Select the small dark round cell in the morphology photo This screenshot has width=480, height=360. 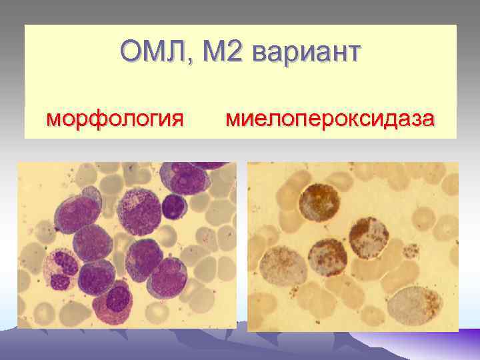pyautogui.click(x=174, y=205)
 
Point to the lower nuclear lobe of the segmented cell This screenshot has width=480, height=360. pyautogui.click(x=60, y=279)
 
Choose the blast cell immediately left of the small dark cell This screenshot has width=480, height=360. pyautogui.click(x=138, y=211)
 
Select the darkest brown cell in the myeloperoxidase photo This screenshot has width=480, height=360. pyautogui.click(x=319, y=201)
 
